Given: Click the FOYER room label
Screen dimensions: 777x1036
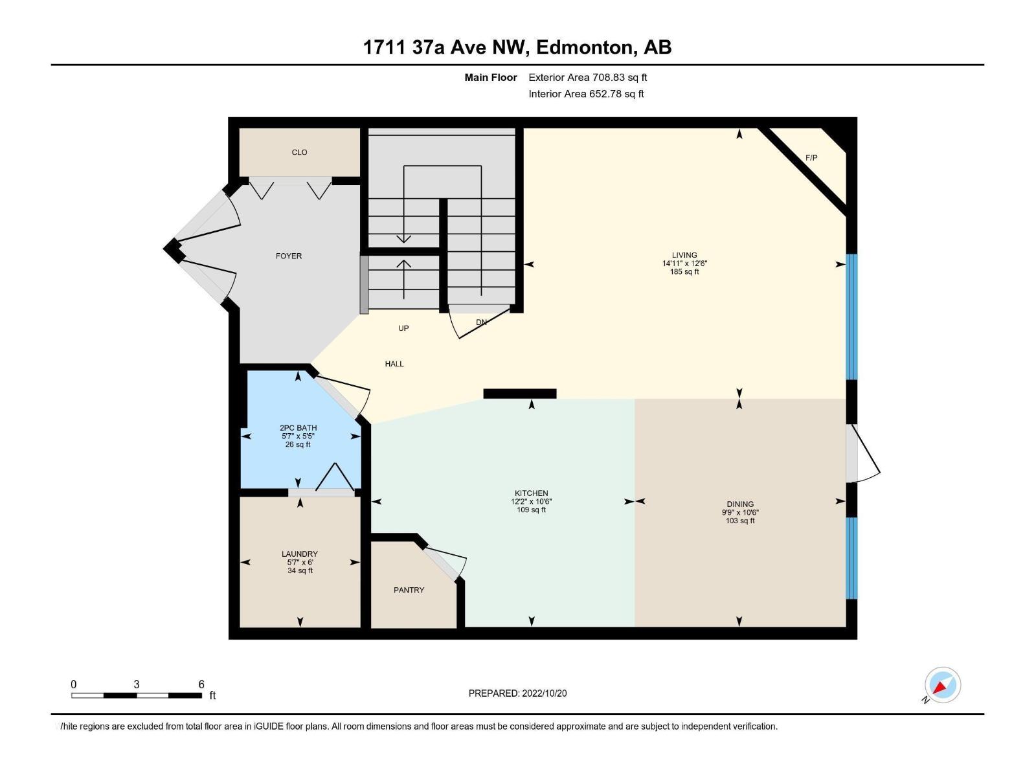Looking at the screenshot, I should (x=289, y=256).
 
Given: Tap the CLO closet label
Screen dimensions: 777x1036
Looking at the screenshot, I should (x=299, y=152).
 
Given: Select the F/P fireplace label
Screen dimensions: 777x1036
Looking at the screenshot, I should (x=811, y=157).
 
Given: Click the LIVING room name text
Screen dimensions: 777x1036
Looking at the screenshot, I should (x=684, y=255).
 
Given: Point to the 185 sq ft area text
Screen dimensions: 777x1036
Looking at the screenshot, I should (x=684, y=272).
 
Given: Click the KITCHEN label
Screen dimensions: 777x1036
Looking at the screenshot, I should (x=531, y=493).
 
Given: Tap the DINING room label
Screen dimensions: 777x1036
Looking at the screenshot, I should (x=740, y=504).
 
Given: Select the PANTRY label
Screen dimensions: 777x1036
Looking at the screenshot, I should (x=409, y=590).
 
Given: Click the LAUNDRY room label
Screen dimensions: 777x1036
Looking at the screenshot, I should (x=300, y=554).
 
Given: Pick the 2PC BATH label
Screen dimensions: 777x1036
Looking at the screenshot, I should (x=298, y=428).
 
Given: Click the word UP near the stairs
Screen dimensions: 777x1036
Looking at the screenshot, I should (x=403, y=328).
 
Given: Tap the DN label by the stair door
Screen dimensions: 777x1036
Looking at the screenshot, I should (x=481, y=322).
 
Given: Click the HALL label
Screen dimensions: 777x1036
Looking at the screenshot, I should (x=394, y=364).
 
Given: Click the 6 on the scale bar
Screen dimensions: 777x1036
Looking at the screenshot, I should (x=201, y=684).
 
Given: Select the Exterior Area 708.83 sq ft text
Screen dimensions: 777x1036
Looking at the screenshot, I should (x=588, y=77).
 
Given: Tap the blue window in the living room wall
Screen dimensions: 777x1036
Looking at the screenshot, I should (x=852, y=316).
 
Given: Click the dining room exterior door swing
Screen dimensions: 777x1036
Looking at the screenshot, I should (x=864, y=453).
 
